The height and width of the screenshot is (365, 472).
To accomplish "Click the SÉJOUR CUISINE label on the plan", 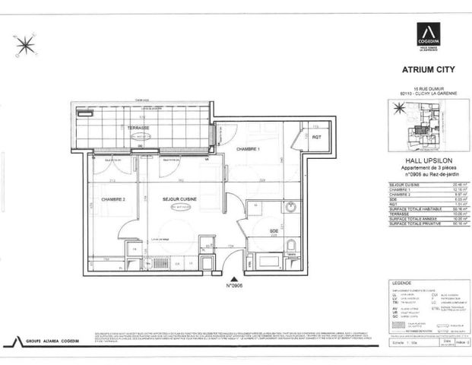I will point(180,198).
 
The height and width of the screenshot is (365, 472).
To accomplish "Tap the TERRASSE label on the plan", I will point(138,128).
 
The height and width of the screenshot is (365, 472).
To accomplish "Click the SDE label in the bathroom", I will point(273,230).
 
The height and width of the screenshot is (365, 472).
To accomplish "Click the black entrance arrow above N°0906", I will point(233,279).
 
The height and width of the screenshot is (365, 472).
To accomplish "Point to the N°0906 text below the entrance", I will point(233,287).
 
